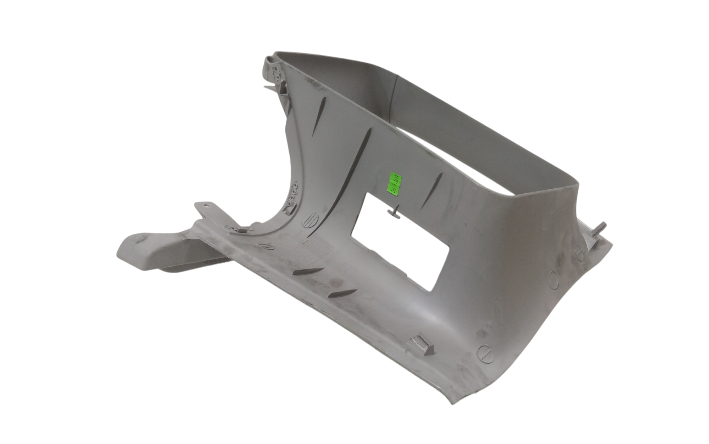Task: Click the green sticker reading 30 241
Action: point(395,183)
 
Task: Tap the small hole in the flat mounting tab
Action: point(207,205)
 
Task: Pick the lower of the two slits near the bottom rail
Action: point(342,294)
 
